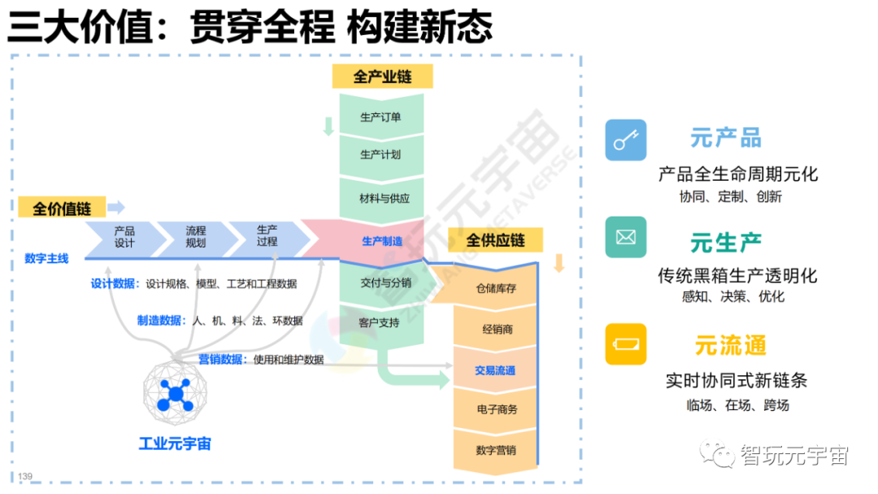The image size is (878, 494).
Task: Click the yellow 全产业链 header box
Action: click(382, 77)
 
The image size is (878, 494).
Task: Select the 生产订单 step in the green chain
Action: click(380, 117)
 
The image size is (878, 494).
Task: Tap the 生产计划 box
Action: click(380, 155)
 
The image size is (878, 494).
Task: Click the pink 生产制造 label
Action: click(381, 241)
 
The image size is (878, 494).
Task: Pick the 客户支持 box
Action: click(379, 322)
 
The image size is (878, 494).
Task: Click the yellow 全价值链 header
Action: click(61, 208)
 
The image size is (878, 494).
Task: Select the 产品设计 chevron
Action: click(124, 237)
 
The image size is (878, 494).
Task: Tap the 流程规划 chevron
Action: click(195, 237)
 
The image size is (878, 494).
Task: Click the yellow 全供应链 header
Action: click(495, 241)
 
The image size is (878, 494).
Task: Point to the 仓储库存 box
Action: click(496, 288)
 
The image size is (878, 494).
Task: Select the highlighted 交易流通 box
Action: click(495, 370)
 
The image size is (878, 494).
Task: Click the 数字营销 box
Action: click(495, 450)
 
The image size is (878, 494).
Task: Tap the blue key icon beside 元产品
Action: click(625, 140)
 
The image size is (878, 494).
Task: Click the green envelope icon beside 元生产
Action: click(625, 238)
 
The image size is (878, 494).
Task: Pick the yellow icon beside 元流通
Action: click(625, 343)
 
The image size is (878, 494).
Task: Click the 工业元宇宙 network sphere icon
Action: click(175, 396)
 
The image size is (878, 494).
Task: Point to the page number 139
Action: click(24, 476)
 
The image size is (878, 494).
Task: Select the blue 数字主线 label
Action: click(46, 259)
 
